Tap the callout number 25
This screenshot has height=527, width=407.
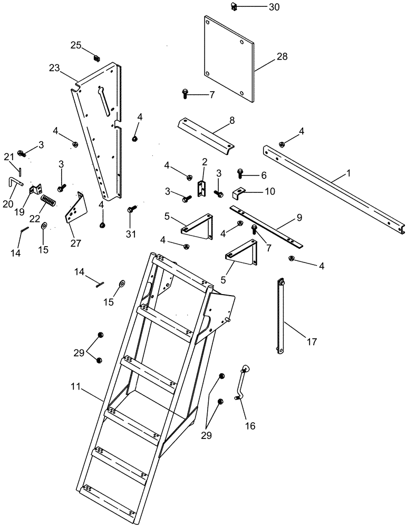pos(76,45)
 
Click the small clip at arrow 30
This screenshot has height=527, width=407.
pos(235,7)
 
